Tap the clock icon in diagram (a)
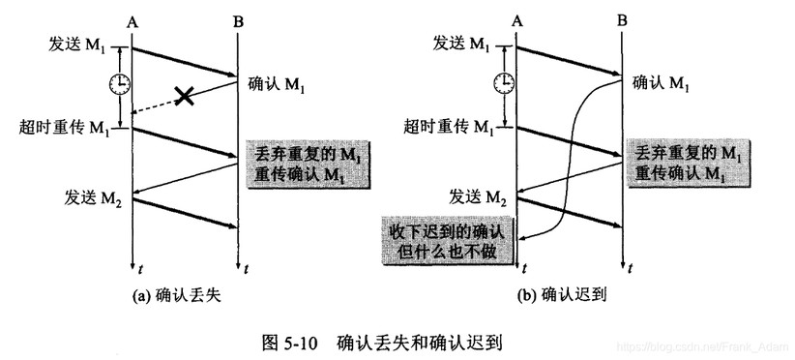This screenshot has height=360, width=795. point(120,84)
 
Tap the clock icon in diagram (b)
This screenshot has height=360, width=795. point(506,84)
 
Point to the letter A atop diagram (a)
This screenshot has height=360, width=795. point(131,15)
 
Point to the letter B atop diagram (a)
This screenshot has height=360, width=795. point(236,15)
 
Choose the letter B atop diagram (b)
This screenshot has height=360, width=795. point(622,15)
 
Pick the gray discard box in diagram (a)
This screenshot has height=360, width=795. point(296,164)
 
